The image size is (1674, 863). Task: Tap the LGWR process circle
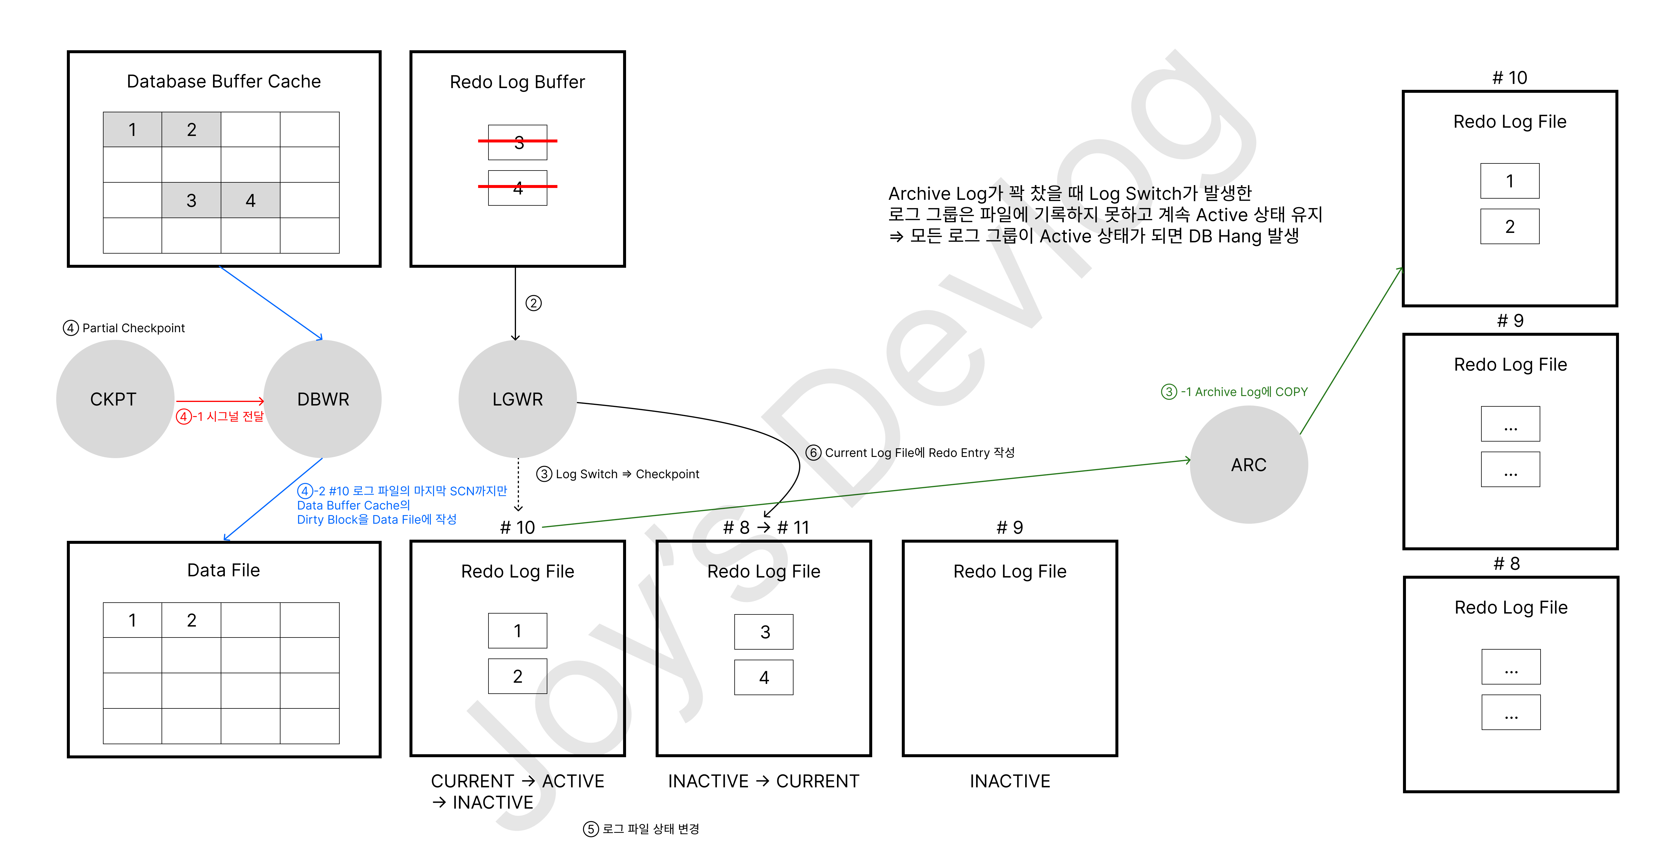pyautogui.click(x=517, y=399)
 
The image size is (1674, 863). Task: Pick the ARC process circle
pyautogui.click(x=1248, y=464)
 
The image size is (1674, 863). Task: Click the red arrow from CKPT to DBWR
pyautogui.click(x=220, y=401)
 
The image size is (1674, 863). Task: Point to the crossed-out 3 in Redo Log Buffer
pyautogui.click(x=518, y=142)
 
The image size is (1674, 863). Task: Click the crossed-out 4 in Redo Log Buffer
pyautogui.click(x=518, y=188)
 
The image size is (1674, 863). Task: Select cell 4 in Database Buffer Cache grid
pyautogui.click(x=250, y=200)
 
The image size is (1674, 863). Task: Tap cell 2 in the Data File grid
pyautogui.click(x=191, y=620)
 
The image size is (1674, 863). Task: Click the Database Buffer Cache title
pyautogui.click(x=224, y=81)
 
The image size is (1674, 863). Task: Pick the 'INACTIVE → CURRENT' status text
pyautogui.click(x=764, y=781)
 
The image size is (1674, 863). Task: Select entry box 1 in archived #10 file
pyautogui.click(x=1509, y=181)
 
